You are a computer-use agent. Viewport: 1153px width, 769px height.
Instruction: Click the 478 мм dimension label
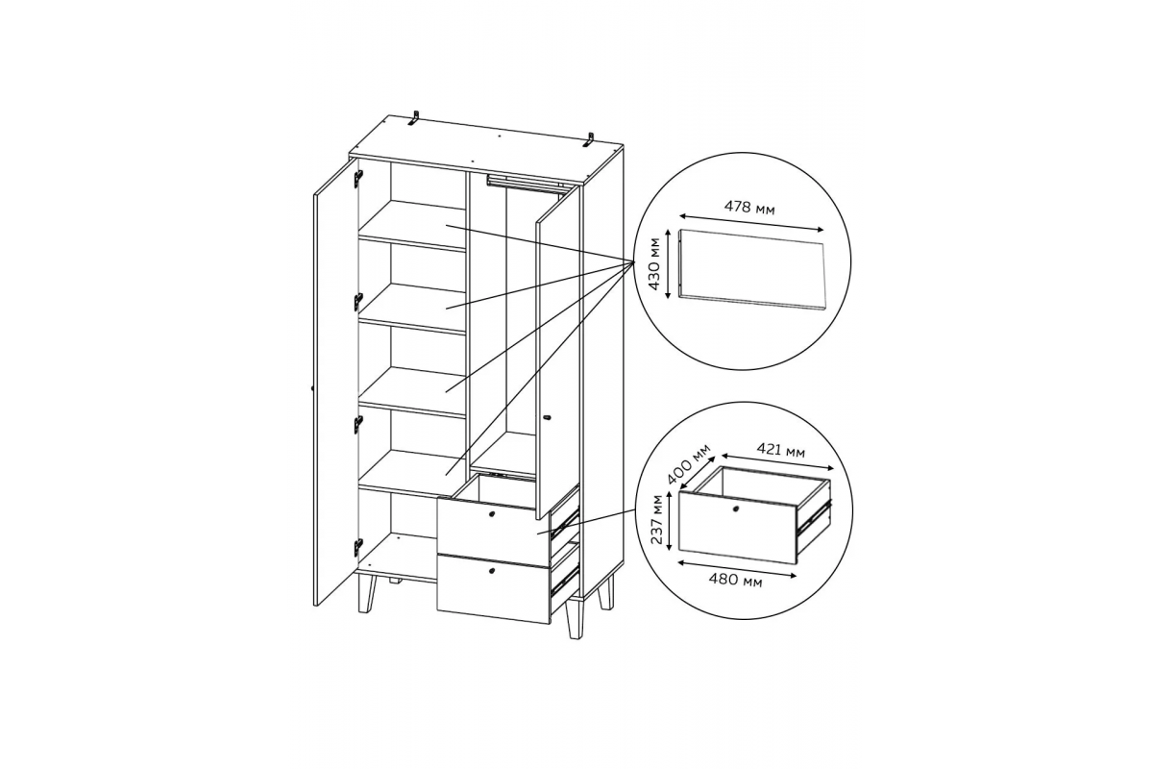(748, 208)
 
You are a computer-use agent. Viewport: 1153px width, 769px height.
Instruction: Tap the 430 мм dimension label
(653, 263)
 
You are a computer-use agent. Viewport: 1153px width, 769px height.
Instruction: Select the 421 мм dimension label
(780, 451)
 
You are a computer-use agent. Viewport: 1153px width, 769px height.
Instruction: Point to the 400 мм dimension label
(688, 464)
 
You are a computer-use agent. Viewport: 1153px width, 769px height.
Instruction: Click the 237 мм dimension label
(656, 520)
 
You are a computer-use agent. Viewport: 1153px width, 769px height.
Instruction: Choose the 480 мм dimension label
(735, 581)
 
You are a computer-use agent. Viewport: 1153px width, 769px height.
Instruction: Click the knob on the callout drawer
(735, 509)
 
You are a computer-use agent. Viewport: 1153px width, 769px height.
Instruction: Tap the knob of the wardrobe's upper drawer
(491, 514)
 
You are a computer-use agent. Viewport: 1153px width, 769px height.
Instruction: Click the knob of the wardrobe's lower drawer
(491, 571)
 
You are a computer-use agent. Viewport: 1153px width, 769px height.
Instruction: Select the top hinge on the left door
(358, 178)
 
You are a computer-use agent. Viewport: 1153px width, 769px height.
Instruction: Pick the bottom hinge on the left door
(358, 547)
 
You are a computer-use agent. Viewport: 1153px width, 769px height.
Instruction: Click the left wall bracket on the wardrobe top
(414, 118)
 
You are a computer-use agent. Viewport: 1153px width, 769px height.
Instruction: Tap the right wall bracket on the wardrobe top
(589, 140)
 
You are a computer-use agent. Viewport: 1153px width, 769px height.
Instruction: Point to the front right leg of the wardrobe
(574, 620)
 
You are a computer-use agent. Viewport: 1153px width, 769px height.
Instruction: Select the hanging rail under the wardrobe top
(523, 182)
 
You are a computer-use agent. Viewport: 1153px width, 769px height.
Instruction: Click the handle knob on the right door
(547, 418)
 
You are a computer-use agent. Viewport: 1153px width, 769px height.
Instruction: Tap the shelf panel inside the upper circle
(751, 269)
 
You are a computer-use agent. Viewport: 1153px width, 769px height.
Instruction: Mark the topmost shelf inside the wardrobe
(412, 226)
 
